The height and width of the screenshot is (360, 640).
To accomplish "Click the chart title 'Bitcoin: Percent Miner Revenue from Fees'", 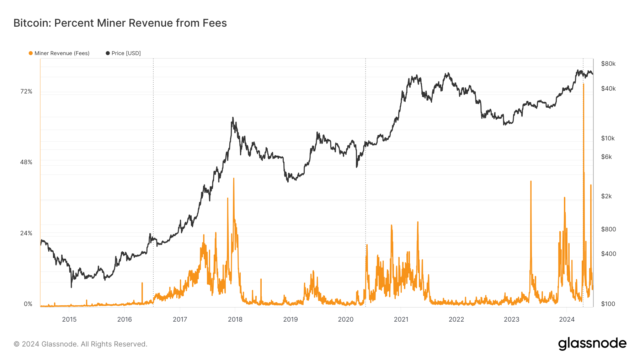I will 120,23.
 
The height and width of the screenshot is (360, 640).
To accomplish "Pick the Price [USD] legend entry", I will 123,53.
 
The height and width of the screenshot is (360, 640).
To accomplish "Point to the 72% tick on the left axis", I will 26,91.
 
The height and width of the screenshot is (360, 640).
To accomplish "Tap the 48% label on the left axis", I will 26,162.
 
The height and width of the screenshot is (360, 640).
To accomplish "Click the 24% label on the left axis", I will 26,233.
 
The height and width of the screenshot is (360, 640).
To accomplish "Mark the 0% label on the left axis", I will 28,304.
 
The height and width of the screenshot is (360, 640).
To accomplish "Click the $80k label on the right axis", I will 608,64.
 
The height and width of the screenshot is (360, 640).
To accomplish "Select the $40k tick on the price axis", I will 608,88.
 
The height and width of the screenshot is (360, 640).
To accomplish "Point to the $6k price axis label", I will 606,157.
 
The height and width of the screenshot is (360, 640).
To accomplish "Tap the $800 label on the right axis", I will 608,229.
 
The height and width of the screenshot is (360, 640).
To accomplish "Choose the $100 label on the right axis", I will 608,304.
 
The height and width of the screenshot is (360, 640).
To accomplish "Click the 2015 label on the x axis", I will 69,319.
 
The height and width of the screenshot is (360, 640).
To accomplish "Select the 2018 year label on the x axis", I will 235,319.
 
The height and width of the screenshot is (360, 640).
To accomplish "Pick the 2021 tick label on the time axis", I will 401,319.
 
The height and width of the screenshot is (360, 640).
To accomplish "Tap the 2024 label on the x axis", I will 567,319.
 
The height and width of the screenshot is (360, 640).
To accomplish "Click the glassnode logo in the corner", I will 592,344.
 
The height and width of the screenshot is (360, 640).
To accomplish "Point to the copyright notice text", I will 80,344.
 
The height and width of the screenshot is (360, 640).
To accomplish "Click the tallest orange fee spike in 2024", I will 583,85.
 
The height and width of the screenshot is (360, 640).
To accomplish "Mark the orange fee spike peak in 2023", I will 531,182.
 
